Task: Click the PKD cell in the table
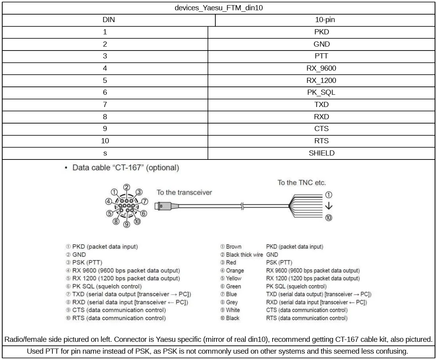pyautogui.click(x=321, y=32)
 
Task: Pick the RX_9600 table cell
pyautogui.click(x=321, y=69)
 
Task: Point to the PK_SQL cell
pyautogui.click(x=321, y=93)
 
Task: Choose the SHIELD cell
pyautogui.click(x=321, y=153)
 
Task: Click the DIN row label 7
pyautogui.click(x=105, y=105)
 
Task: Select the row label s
pyautogui.click(x=105, y=153)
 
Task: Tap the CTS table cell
pyautogui.click(x=321, y=129)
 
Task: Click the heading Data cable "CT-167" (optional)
pyautogui.click(x=125, y=168)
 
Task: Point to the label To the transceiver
pyautogui.click(x=184, y=193)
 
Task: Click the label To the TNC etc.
pyautogui.click(x=302, y=183)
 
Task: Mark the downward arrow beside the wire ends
pyautogui.click(x=328, y=206)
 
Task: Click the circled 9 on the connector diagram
pyautogui.click(x=127, y=225)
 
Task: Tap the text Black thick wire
pyautogui.click(x=244, y=255)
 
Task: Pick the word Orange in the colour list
pyautogui.click(x=235, y=270)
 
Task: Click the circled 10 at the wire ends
pyautogui.click(x=328, y=217)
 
